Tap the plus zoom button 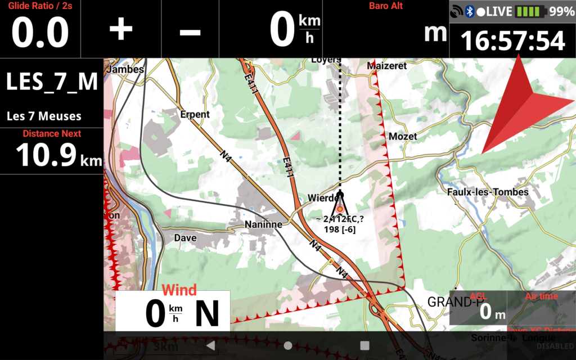tap(120, 30)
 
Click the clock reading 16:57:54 tap(512, 41)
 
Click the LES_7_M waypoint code tap(52, 82)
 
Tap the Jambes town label tap(124, 69)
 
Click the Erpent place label tap(195, 114)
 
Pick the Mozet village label tap(403, 136)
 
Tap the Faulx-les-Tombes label tap(488, 192)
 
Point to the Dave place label tap(185, 238)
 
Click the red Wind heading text tap(179, 290)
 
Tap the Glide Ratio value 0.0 tap(40, 33)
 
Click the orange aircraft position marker tap(340, 209)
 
